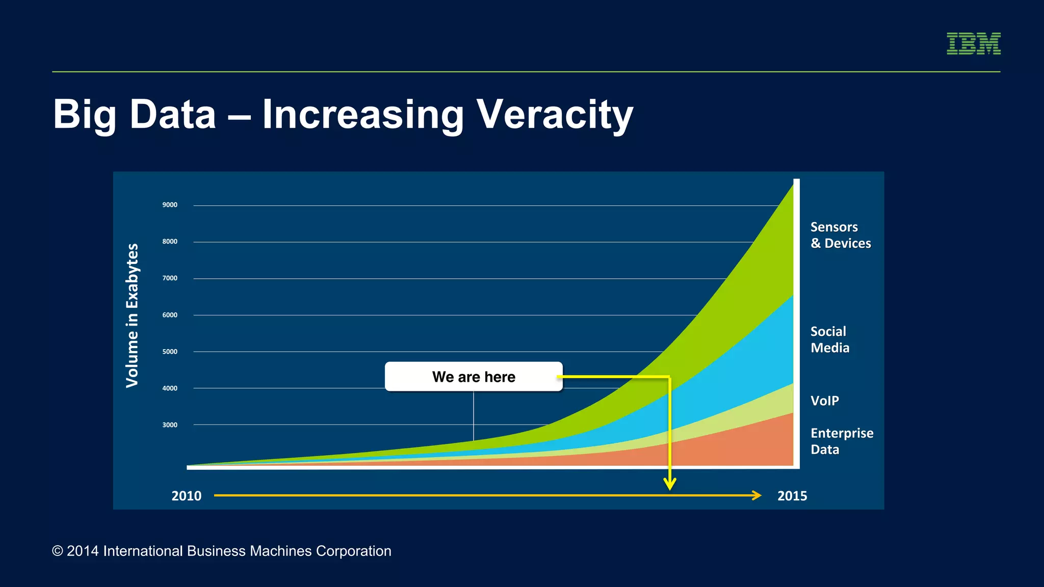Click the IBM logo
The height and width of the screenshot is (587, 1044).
(973, 43)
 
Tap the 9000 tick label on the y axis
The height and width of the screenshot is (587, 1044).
(170, 205)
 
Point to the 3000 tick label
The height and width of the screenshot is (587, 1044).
(170, 425)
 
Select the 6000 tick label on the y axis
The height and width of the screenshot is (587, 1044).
(170, 315)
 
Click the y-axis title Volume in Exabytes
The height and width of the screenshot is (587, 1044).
(132, 315)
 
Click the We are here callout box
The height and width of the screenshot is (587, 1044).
(473, 377)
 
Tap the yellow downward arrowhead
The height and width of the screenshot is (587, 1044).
(670, 484)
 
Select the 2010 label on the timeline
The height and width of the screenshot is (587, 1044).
(186, 496)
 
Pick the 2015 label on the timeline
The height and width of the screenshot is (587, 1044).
(792, 496)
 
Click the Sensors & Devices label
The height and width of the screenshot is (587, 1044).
(840, 235)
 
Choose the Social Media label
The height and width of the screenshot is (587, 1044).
(829, 339)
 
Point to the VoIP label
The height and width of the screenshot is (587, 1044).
(824, 401)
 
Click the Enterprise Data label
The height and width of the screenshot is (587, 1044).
(841, 441)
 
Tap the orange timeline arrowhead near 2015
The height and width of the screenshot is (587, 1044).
(756, 495)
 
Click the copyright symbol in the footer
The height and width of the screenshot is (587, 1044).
(58, 551)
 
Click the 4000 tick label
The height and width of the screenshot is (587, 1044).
(170, 388)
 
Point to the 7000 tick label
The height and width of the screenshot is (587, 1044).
(170, 278)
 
